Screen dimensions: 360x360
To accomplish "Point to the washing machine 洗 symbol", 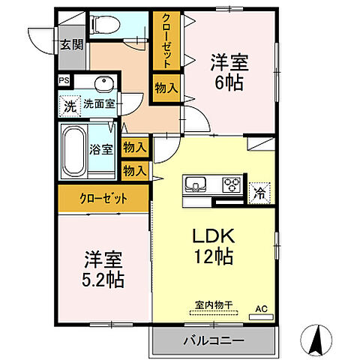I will tap(70, 105).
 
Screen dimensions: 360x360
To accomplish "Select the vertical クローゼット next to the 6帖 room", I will tap(163, 41).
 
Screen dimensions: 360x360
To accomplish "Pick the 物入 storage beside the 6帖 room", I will tap(166, 88).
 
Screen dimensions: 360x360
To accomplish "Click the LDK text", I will tap(214, 235).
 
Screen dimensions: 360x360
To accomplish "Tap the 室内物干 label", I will tap(213, 304).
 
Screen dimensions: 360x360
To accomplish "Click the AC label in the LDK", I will tap(261, 307).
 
